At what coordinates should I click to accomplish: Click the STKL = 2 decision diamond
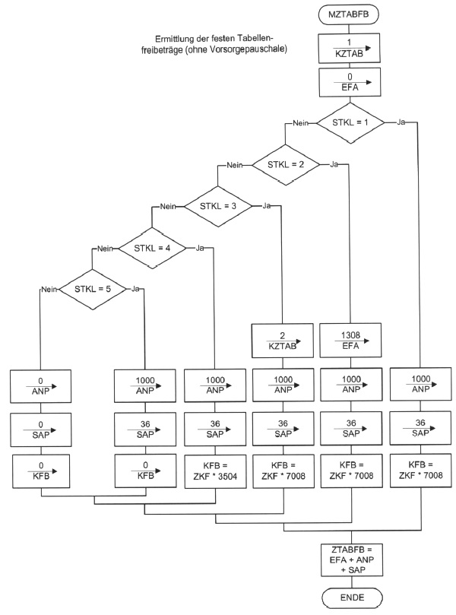pos(286,164)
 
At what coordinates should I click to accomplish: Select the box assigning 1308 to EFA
pos(351,340)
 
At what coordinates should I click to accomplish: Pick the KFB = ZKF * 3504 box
pos(215,471)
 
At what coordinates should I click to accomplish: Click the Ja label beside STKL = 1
pos(401,122)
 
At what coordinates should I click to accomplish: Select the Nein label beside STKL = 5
pos(49,288)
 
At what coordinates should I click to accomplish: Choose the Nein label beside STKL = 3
pos(168,206)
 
